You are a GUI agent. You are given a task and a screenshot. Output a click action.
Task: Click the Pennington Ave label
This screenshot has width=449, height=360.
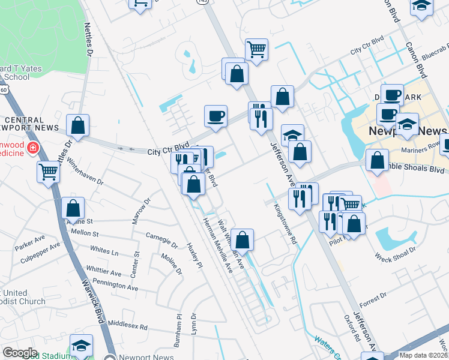116,285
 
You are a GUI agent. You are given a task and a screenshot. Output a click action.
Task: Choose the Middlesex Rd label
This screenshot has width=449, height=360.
127,325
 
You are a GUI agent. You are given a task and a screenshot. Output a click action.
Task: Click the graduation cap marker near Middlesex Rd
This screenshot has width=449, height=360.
81,345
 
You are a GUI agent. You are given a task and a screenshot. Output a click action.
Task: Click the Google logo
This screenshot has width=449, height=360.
20,353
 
